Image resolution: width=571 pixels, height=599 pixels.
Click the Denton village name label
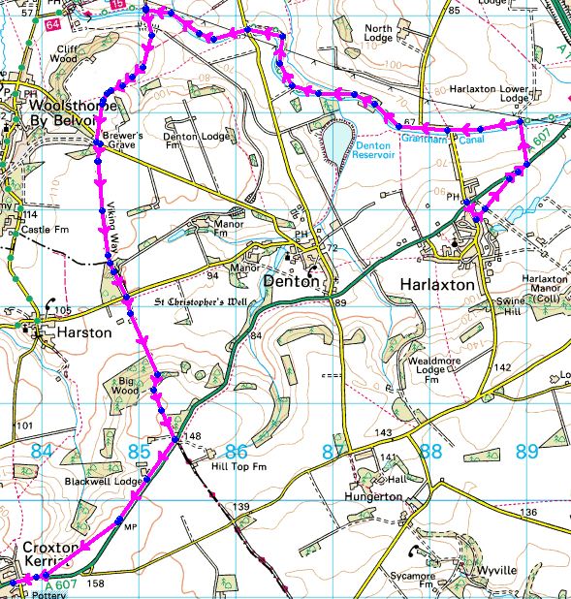click(x=290, y=282)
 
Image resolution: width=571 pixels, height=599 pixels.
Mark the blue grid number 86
click(x=236, y=452)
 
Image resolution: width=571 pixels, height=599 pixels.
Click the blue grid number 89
click(x=525, y=451)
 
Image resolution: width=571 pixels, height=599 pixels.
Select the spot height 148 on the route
click(x=193, y=437)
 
